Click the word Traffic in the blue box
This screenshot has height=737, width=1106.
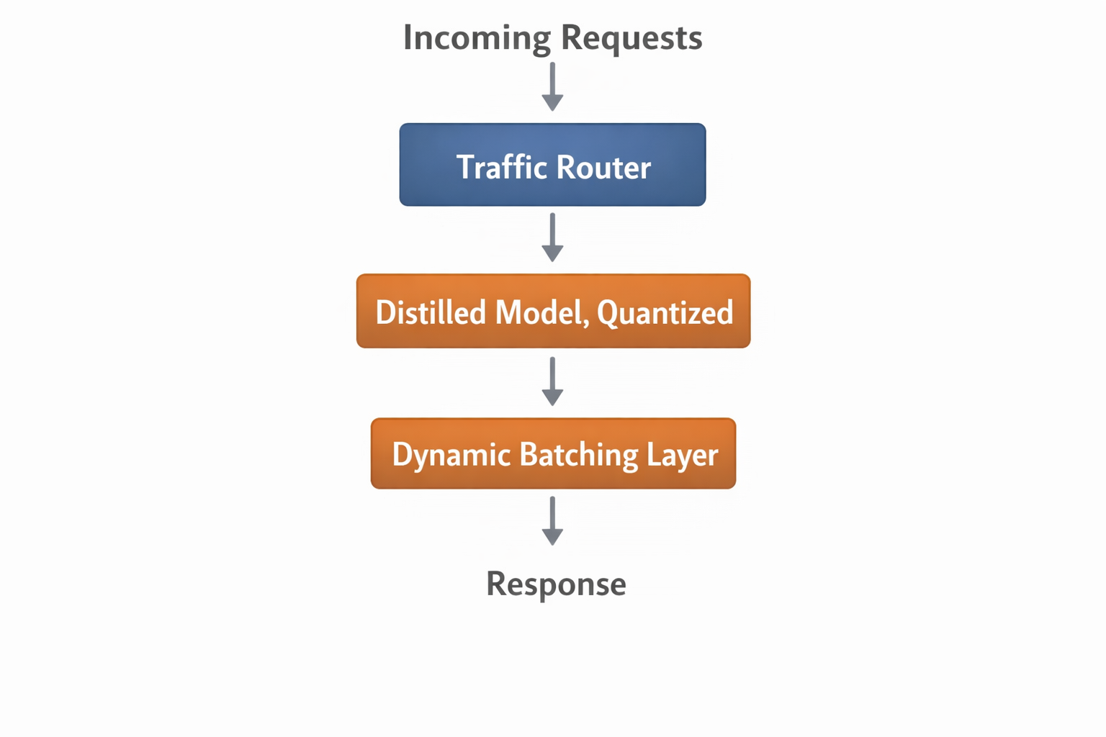(x=501, y=167)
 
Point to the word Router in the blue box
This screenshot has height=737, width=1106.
(x=603, y=167)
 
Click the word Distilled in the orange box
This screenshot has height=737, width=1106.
(x=431, y=312)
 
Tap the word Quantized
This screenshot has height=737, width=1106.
(x=665, y=313)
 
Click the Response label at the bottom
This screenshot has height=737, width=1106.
(x=556, y=584)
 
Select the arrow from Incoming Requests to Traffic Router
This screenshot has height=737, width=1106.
(x=552, y=86)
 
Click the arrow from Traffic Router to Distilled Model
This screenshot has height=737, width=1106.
(x=552, y=237)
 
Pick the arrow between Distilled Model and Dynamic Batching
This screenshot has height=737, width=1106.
(x=552, y=381)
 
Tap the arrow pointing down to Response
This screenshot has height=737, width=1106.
(x=552, y=520)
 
